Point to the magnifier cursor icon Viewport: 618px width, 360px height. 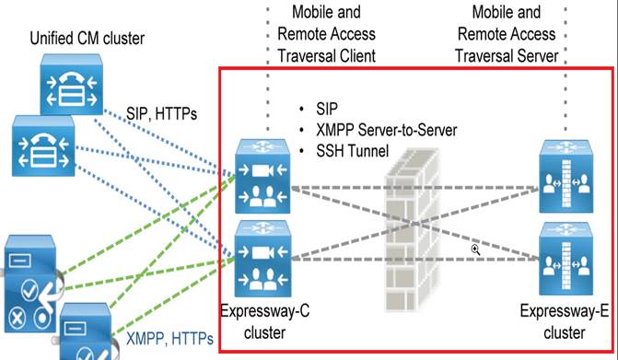click(x=476, y=250)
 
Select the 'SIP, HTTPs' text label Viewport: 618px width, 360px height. click(x=162, y=112)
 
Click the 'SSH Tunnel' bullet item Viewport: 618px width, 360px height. click(x=350, y=150)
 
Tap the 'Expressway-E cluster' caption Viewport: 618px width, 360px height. click(x=564, y=321)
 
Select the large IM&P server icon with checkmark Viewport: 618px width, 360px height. click(x=30, y=280)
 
